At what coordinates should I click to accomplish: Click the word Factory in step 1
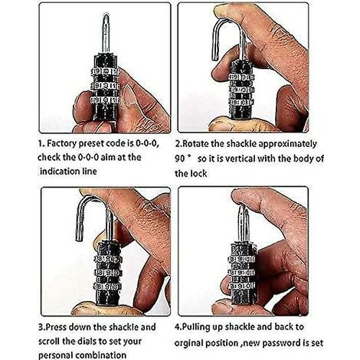click(62, 144)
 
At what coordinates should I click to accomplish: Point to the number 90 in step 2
click(179, 159)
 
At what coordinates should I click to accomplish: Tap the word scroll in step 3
click(49, 341)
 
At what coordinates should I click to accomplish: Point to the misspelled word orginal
click(188, 343)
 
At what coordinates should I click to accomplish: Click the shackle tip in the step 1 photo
click(106, 16)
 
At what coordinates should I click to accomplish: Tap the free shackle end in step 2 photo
click(216, 57)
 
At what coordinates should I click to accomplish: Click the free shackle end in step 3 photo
click(79, 238)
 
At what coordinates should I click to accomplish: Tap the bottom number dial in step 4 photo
click(243, 286)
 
